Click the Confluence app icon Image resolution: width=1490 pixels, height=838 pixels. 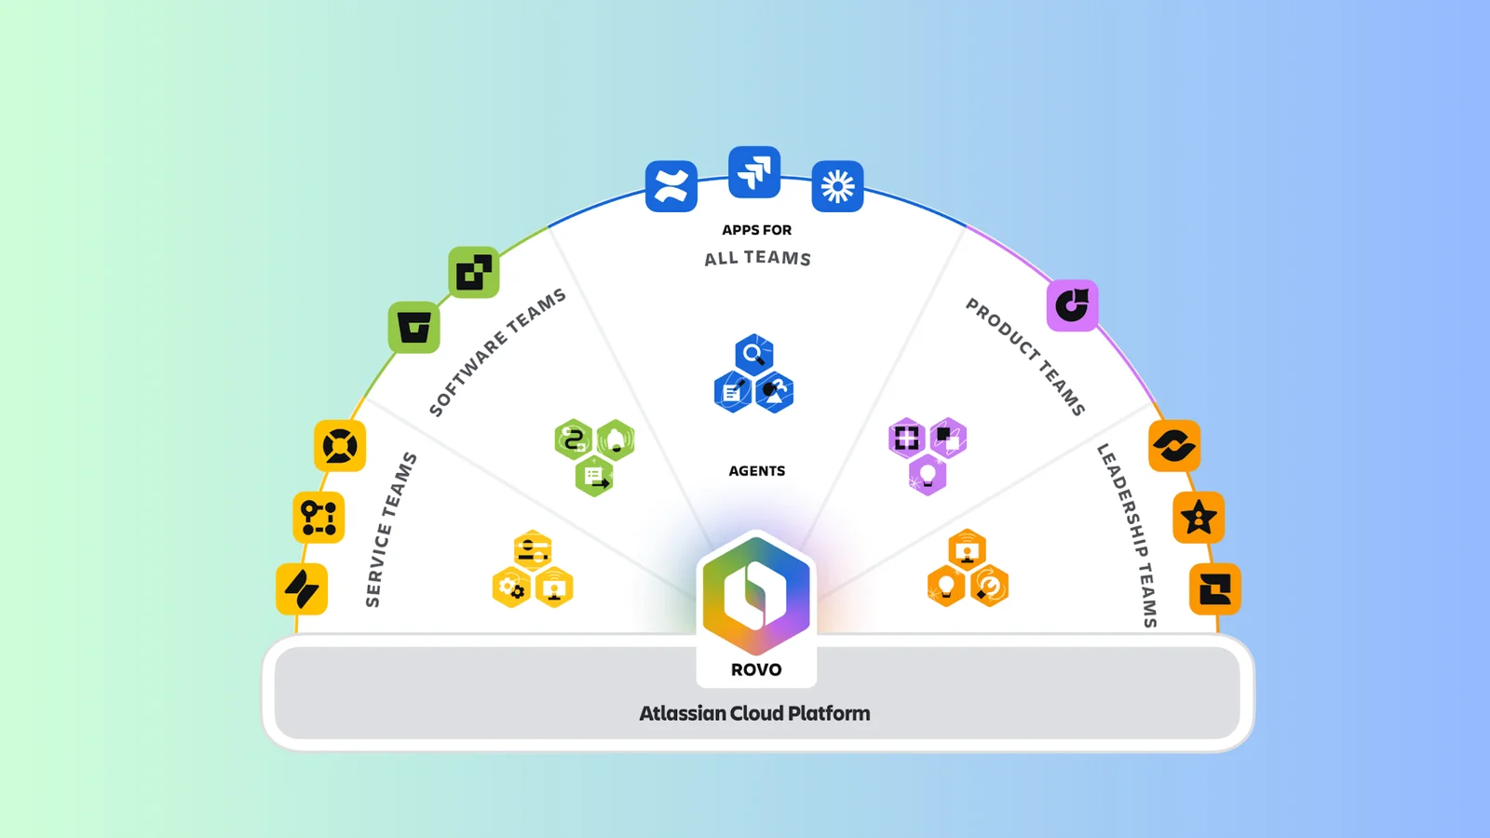[x=670, y=186]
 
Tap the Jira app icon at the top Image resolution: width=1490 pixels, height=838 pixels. [x=754, y=172]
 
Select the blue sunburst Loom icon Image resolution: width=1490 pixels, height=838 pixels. [x=837, y=186]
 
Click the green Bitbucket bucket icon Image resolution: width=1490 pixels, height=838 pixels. [x=413, y=327]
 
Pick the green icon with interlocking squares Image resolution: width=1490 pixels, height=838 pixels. [x=473, y=272]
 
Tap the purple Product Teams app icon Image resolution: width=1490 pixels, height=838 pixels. [x=1072, y=304]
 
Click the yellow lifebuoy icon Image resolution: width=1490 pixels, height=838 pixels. [x=340, y=446]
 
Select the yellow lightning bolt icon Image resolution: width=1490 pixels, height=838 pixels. [x=302, y=588]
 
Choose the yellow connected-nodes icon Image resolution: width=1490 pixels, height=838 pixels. [x=318, y=518]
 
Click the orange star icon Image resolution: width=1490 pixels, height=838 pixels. [x=1199, y=518]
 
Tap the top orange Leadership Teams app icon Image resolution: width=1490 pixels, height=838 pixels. [x=1174, y=446]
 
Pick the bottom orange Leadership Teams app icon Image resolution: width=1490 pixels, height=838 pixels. [x=1215, y=588]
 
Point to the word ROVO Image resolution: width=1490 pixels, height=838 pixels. [x=756, y=669]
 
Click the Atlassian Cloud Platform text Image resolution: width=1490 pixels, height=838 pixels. [x=754, y=713]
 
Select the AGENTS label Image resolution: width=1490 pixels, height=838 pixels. [x=756, y=471]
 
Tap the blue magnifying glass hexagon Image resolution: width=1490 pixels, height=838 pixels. [x=753, y=355]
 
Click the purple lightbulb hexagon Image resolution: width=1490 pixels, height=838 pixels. [x=928, y=475]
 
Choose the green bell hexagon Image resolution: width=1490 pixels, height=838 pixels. [x=616, y=440]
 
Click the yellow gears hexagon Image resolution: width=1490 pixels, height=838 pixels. [x=511, y=588]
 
